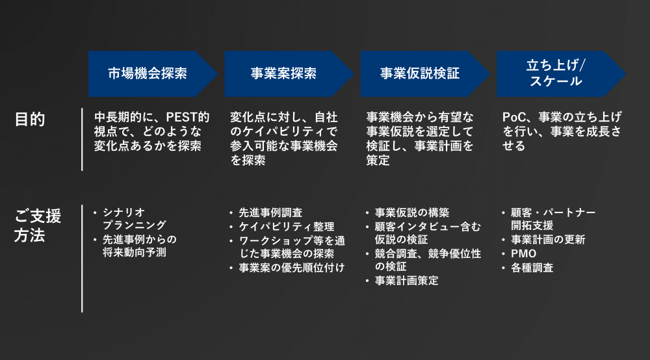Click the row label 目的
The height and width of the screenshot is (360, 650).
[x=30, y=120]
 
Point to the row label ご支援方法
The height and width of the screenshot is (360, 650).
[x=38, y=225]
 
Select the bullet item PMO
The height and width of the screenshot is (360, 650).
[x=523, y=253]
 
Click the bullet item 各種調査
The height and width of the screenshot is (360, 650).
[x=532, y=268]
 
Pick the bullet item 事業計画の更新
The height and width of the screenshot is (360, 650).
[x=548, y=239]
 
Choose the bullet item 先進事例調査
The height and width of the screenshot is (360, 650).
[x=270, y=212]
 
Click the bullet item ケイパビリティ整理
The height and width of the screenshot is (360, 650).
[x=287, y=227]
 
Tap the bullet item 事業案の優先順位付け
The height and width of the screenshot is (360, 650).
[x=292, y=268]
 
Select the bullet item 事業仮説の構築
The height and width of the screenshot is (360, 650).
[x=412, y=212]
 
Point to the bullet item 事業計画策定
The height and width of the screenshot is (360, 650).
[x=407, y=281]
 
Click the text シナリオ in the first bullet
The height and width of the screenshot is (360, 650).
[x=124, y=212]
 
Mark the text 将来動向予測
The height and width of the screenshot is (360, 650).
[x=135, y=252]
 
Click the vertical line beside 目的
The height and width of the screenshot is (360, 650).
[x=82, y=139]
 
